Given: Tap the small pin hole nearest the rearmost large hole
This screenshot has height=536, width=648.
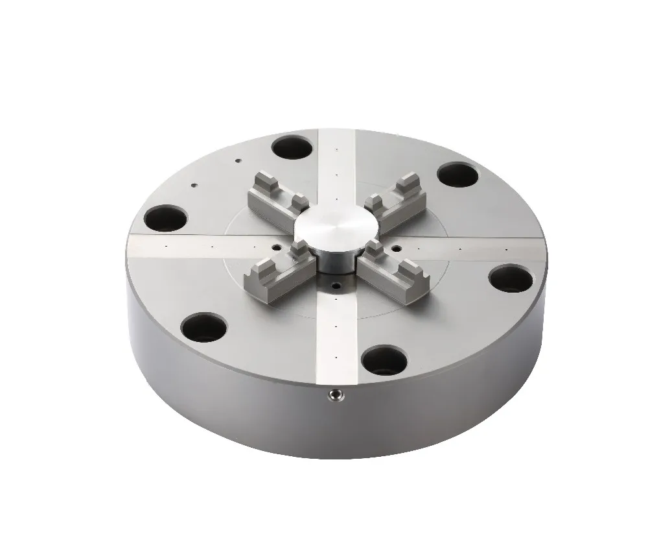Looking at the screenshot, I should (238, 159).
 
